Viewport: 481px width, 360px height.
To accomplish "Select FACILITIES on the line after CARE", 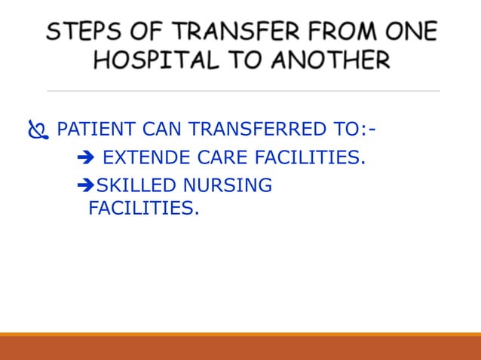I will (310, 158).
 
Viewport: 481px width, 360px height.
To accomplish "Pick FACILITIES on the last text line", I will (144, 207).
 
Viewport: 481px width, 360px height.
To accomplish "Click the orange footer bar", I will (240, 346).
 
